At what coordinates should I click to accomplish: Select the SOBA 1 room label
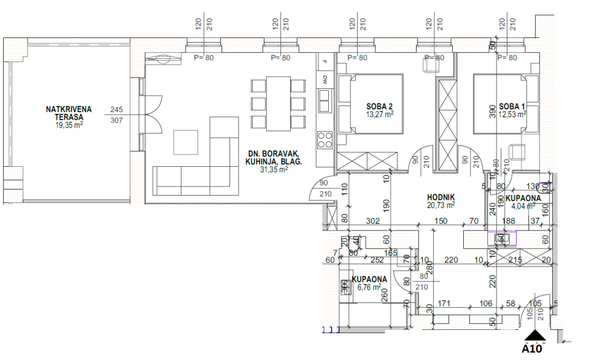(512, 105)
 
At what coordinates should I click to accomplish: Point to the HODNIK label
(441, 197)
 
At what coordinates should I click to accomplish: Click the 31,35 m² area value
(274, 170)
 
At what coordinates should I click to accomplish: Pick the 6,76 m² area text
(369, 286)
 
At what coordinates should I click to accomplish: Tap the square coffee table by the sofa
(186, 142)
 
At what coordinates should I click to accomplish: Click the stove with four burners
(324, 140)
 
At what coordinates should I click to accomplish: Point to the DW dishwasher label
(324, 79)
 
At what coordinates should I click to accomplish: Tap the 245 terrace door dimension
(116, 110)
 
